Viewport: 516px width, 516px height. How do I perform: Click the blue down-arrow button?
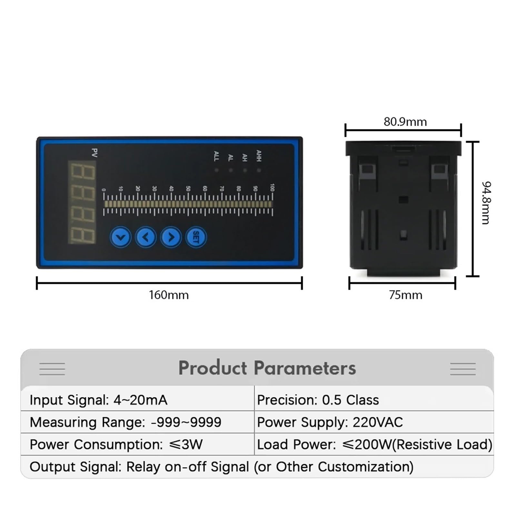[x=121, y=237]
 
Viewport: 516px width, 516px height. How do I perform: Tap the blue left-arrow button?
[x=146, y=237]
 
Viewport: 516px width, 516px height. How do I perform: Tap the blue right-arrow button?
[x=171, y=237]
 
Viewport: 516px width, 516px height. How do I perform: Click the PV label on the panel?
[x=94, y=153]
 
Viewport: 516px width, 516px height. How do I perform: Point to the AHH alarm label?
[x=259, y=156]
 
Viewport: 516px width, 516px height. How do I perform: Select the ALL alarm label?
[x=216, y=156]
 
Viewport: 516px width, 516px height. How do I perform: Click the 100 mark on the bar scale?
[x=272, y=188]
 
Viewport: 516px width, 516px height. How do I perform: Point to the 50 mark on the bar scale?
[x=188, y=189]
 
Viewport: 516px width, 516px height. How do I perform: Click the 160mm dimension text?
[x=169, y=295]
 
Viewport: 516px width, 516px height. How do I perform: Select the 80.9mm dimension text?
[x=405, y=122]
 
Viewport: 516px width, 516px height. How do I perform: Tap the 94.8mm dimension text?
[x=486, y=203]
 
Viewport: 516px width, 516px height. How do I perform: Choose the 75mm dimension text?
[x=405, y=295]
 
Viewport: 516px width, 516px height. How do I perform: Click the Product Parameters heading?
[x=267, y=368]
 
